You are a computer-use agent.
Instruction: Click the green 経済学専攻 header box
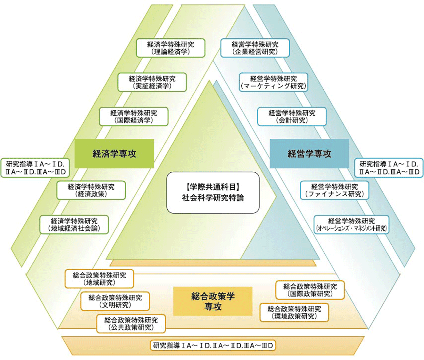(x=114, y=153)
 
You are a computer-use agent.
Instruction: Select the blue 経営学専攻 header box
(x=309, y=153)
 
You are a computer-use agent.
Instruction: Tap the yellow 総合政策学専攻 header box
(x=213, y=301)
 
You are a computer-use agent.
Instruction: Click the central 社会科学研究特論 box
(x=213, y=192)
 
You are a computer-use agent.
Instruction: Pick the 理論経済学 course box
(x=171, y=48)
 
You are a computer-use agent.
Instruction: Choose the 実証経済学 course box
(x=152, y=82)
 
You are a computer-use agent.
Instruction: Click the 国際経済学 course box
(x=133, y=117)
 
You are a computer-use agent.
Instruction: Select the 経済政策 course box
(x=91, y=190)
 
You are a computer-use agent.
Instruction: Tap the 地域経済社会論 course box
(x=74, y=224)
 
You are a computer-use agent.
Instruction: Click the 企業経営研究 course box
(x=255, y=48)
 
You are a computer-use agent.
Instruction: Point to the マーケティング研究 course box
(x=273, y=82)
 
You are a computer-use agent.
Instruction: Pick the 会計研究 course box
(x=292, y=117)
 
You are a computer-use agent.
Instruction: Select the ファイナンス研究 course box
(x=334, y=190)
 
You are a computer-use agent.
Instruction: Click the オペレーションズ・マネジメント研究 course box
(x=351, y=224)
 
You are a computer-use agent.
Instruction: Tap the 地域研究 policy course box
(x=99, y=279)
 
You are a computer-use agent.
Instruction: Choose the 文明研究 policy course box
(x=115, y=301)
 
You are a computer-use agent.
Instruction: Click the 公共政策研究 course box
(x=131, y=323)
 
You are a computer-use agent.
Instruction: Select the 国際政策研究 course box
(x=310, y=290)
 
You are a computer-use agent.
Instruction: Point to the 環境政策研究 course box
(x=294, y=312)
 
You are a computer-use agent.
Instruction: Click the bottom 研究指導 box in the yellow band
(x=213, y=345)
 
